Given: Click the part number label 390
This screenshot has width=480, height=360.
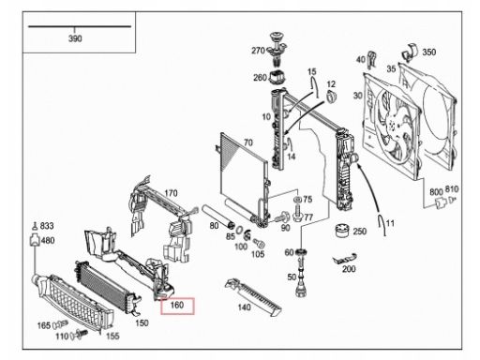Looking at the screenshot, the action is (x=75, y=38).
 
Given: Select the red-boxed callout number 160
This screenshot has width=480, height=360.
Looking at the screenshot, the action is (x=177, y=305).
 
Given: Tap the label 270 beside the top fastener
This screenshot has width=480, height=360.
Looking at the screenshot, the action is (x=258, y=51).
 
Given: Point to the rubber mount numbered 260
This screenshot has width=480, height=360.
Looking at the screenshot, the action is (x=277, y=78).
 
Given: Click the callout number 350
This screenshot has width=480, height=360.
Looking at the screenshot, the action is (x=429, y=52).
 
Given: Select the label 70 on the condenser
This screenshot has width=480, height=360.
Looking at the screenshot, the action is (x=248, y=142).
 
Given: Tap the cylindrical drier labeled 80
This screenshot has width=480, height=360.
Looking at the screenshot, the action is (x=218, y=217).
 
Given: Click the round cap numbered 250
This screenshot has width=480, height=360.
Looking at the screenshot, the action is (x=343, y=231).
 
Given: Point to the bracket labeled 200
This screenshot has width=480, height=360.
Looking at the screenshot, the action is (x=345, y=258).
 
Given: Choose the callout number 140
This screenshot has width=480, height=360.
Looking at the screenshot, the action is (x=244, y=307).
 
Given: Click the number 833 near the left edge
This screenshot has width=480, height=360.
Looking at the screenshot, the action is (x=47, y=226).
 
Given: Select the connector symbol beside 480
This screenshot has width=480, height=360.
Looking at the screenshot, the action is (x=34, y=240).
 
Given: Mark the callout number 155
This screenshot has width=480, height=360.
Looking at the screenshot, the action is (x=112, y=336).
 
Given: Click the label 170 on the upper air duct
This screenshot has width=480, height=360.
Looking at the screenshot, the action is (x=171, y=193).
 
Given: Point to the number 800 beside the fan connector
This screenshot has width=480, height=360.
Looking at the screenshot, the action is (x=436, y=192).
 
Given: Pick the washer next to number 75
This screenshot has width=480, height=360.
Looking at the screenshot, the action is (x=297, y=199).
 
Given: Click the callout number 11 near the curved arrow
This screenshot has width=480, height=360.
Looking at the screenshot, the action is (x=390, y=223).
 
